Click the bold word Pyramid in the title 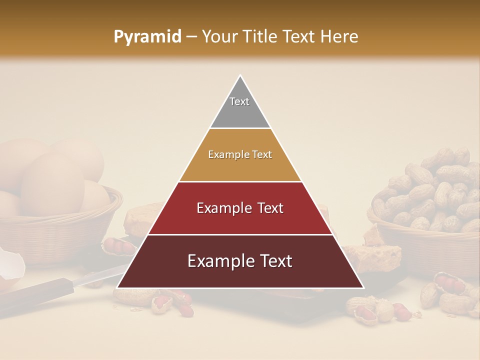pos(147,37)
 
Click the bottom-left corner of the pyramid pos(118,287)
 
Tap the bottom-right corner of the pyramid pos(363,287)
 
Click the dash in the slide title pos(191,37)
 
